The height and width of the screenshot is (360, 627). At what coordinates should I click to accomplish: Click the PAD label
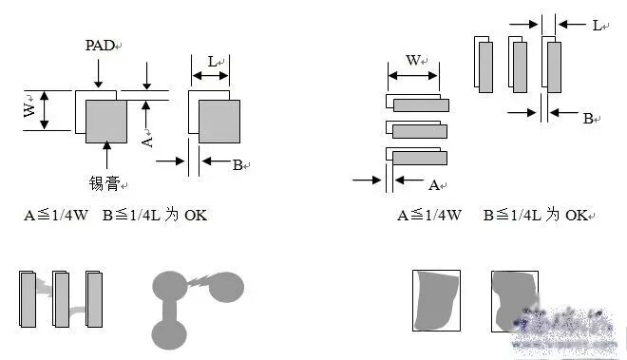(100, 46)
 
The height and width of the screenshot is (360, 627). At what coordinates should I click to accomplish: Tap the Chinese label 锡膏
(104, 183)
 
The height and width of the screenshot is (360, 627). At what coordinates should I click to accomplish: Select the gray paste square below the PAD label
(106, 122)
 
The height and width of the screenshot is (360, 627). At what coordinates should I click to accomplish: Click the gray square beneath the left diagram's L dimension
(219, 122)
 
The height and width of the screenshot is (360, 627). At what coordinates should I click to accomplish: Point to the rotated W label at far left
(29, 109)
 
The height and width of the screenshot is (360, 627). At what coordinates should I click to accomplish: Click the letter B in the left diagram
(237, 164)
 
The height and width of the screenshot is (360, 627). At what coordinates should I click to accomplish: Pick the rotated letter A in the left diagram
(147, 142)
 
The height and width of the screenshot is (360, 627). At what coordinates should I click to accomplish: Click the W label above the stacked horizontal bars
(413, 61)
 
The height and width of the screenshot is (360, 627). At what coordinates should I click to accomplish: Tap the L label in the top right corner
(597, 26)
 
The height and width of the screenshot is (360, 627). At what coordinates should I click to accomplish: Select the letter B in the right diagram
(588, 119)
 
